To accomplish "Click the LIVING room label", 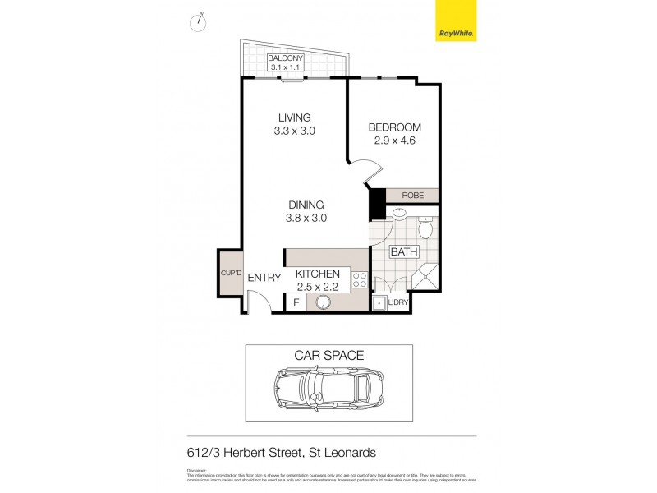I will pos(294,117).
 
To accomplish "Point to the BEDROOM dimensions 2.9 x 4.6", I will pos(395,141).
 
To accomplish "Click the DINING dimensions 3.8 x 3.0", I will pos(306,218).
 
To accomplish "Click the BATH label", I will pos(403,252).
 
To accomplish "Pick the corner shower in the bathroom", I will pos(425,277).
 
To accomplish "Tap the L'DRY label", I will pos(398,303).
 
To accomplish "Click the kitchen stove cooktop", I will pos(358,279).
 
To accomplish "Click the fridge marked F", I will pos(296,303).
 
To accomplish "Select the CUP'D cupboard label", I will pos(228,274).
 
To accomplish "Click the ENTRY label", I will pos(264,279).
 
